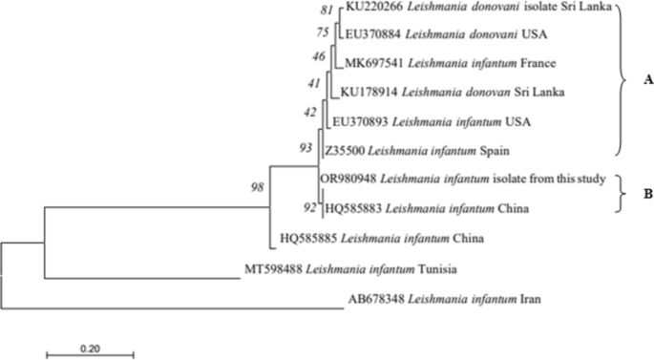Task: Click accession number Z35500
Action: click(346, 151)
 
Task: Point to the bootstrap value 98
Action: click(257, 187)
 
